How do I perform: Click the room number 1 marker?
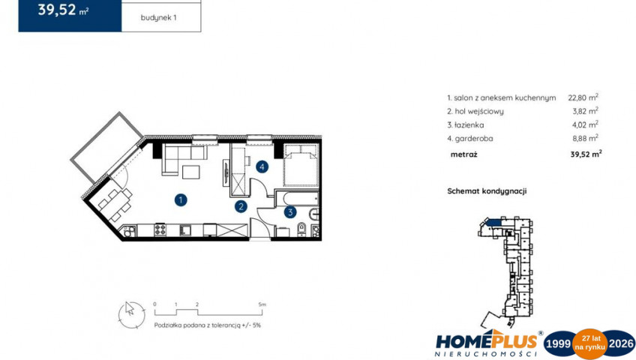181,199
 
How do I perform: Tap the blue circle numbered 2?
241,206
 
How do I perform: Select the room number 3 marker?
290,211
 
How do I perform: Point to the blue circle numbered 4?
262,166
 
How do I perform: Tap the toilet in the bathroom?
301,229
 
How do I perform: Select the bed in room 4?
301,165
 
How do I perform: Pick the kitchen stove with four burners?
160,229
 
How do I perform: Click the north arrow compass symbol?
131,315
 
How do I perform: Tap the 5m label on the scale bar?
262,304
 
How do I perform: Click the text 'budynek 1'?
158,18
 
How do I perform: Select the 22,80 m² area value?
583,97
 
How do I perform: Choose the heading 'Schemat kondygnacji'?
487,191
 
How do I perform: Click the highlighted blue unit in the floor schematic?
494,222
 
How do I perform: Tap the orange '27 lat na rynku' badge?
589,343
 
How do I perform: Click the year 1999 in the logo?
558,343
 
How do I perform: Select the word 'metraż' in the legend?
463,154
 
